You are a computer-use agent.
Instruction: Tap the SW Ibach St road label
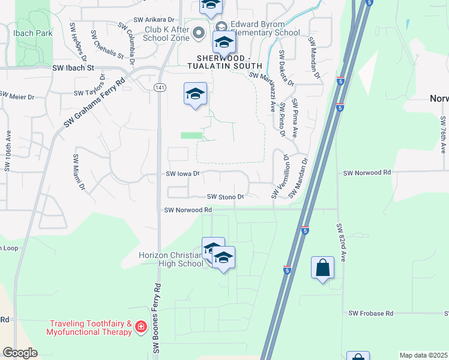(74, 68)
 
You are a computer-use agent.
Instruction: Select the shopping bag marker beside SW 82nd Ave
(322, 268)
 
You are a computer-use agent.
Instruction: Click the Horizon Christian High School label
(171, 259)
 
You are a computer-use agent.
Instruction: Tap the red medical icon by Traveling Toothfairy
(141, 326)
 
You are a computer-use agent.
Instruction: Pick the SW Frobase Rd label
(371, 313)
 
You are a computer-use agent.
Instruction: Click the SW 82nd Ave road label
(340, 243)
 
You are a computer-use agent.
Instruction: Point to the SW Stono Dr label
(226, 196)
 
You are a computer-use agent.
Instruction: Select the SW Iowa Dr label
(182, 174)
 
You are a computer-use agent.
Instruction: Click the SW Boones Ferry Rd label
(157, 317)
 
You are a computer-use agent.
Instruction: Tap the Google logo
(20, 353)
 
